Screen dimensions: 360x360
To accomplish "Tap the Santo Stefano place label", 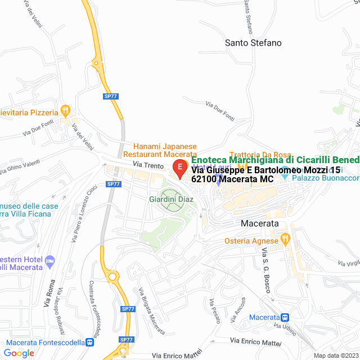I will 253,43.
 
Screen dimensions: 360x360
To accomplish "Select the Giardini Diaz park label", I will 171,199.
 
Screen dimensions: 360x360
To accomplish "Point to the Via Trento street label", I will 147,164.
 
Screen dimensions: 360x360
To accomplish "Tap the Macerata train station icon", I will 285,318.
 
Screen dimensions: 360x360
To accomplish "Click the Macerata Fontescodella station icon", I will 90,342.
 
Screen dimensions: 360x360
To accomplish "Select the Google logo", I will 19,353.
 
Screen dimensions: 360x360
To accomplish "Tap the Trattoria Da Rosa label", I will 260,155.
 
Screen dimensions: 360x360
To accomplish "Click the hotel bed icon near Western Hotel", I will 50,260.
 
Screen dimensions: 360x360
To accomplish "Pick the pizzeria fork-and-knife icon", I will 65,110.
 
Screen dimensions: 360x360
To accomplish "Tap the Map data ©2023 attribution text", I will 335,355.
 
